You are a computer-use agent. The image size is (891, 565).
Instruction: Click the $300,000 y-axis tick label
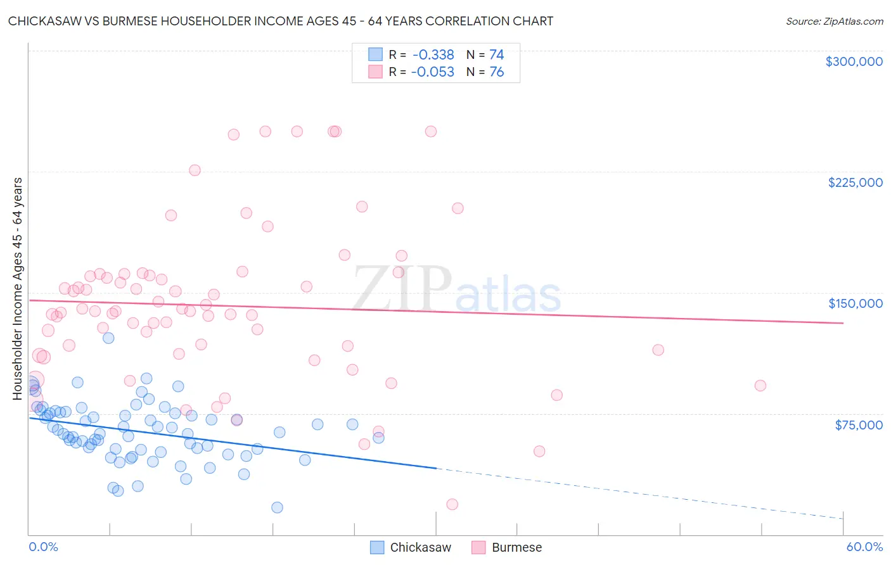pos(854,61)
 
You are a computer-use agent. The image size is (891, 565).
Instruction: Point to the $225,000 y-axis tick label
pos(855,182)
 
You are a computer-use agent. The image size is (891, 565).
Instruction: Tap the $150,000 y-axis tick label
pos(855,303)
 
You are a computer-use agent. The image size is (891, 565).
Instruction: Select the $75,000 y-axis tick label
pos(859,425)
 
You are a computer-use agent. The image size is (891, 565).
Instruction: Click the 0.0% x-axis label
pos(43,547)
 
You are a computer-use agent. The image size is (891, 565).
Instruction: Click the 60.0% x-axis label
pos(864,547)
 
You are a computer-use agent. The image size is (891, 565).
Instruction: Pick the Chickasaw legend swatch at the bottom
pos(377,547)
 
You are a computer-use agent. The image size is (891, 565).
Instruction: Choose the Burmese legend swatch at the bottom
pos(478,547)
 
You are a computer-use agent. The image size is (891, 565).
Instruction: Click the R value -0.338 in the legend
pos(433,55)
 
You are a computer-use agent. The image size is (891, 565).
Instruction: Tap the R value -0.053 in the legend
pos(433,72)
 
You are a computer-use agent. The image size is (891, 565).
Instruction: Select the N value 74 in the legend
pos(496,55)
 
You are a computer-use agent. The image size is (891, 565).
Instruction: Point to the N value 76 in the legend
pos(496,72)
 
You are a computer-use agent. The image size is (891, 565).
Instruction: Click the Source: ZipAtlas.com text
pos(834,22)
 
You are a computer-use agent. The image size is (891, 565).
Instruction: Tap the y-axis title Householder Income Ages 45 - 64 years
pos(18,289)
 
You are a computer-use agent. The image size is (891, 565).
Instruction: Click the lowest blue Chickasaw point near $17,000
pos(277,507)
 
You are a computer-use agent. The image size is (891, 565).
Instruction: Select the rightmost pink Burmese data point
pos(760,386)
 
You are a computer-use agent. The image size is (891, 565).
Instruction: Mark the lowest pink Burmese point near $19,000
pos(452,504)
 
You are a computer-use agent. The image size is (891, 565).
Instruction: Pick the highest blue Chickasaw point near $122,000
pos(108,338)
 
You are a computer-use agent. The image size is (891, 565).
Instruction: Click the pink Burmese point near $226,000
pos(195,170)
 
